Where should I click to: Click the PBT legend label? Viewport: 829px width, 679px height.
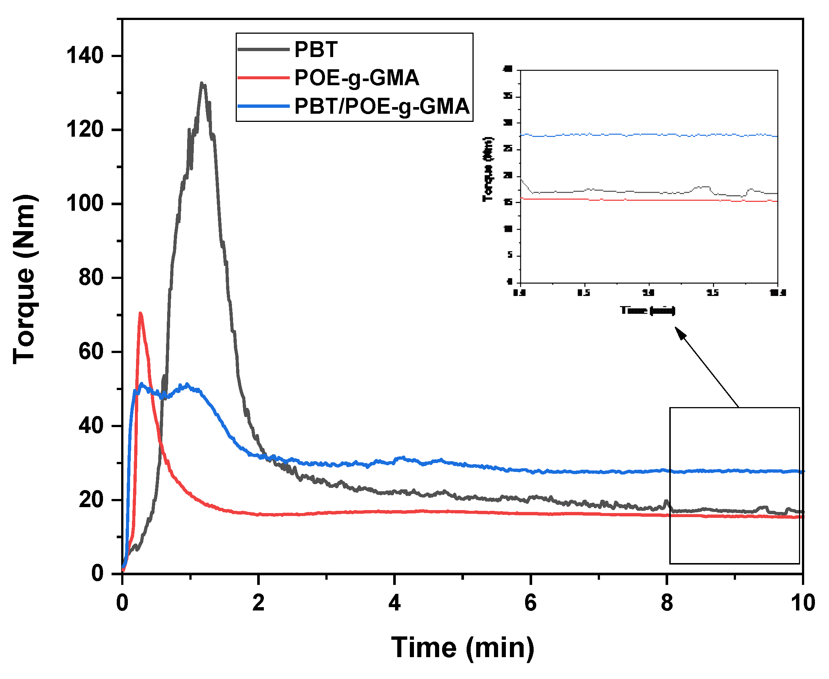(316, 50)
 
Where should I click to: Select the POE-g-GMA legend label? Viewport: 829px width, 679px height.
(357, 78)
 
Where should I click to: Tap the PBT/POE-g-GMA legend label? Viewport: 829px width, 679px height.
(381, 106)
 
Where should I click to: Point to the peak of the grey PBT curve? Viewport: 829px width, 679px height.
(202, 84)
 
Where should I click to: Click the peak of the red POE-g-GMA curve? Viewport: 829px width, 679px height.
(140, 314)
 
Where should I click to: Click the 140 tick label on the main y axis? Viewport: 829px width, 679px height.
(84, 56)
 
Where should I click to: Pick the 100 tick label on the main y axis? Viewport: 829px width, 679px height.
(84, 204)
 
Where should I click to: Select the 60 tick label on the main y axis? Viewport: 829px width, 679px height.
(91, 352)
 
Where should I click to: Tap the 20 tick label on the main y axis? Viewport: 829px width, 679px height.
(91, 500)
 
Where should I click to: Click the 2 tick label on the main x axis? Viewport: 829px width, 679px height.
(258, 603)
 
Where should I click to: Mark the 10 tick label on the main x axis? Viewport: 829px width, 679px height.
(802, 603)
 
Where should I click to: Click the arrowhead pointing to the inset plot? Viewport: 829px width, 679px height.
(680, 333)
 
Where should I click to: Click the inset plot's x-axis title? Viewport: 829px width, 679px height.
(647, 310)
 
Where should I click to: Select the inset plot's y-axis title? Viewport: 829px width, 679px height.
(488, 169)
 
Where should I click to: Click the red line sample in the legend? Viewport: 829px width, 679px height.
(263, 78)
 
